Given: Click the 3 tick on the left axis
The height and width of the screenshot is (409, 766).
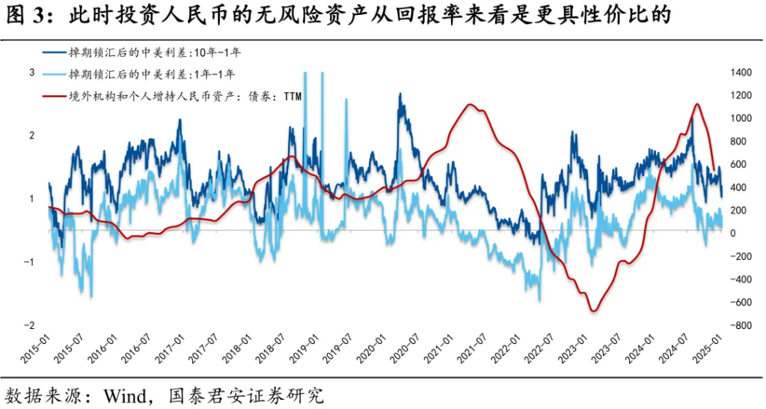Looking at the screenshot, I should pos(32,73).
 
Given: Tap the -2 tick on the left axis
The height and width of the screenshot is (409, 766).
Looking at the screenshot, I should pos(31,326).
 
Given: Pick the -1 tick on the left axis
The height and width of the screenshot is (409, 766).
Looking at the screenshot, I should pos(31,262).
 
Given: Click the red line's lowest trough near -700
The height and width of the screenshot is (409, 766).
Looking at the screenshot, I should pos(592,310).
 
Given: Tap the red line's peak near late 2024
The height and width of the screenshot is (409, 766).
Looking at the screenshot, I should pos(696,104).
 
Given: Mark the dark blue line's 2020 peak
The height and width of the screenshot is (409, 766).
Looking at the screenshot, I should pos(400,94).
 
